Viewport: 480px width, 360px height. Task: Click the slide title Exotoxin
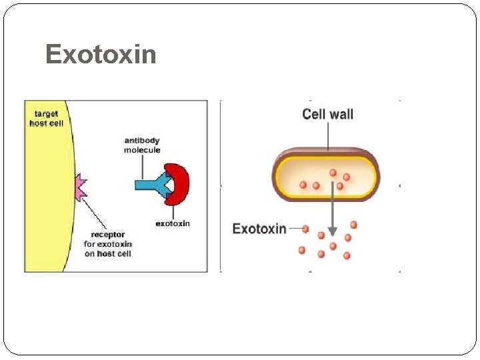click(x=101, y=54)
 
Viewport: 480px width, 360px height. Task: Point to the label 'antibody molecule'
click(x=142, y=145)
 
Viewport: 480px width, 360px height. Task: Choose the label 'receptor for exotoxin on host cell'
click(x=107, y=244)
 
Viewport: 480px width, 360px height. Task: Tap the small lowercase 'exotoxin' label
click(x=173, y=223)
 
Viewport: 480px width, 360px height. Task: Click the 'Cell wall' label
click(x=327, y=114)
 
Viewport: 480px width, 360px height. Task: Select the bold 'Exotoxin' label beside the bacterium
click(x=259, y=229)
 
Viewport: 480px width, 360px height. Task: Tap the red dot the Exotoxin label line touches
click(x=305, y=229)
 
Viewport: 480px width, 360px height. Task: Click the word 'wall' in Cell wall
click(x=340, y=114)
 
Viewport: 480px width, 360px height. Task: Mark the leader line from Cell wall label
click(x=327, y=137)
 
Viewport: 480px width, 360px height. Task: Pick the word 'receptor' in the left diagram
click(x=107, y=235)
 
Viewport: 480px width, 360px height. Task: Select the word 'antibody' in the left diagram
click(x=142, y=141)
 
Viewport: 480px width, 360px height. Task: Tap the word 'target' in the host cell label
click(x=47, y=114)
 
